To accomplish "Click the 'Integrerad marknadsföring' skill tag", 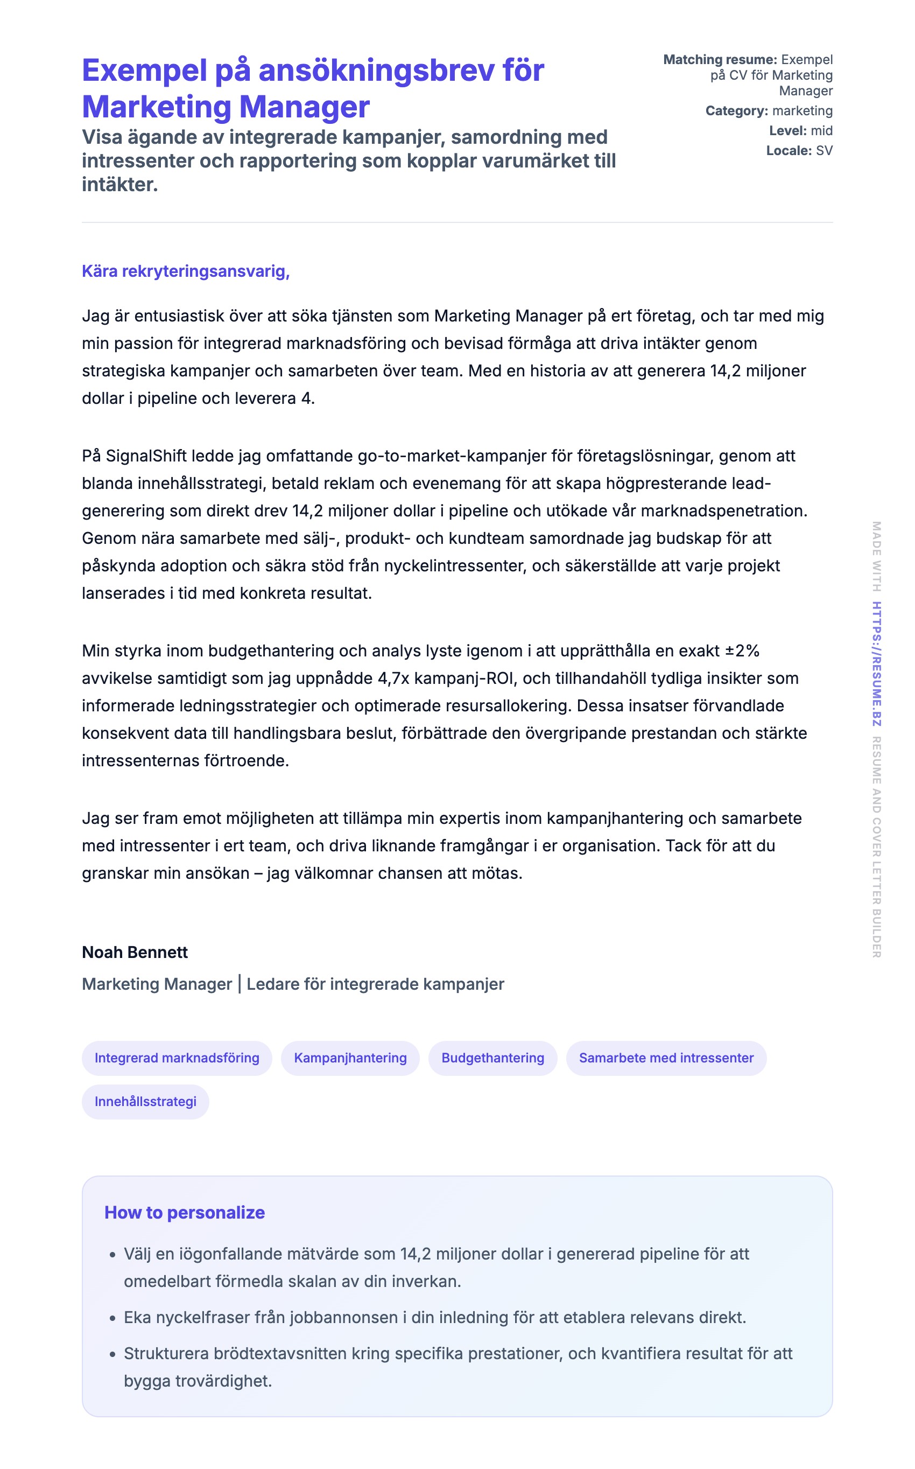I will pos(177,1058).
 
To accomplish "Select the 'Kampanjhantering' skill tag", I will pos(350,1058).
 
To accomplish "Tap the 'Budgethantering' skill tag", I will pos(492,1058).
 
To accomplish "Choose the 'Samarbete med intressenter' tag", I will pos(666,1058).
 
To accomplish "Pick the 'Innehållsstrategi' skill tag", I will pos(145,1101).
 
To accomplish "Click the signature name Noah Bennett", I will pos(135,952).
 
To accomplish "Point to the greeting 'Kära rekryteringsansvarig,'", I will pos(186,271).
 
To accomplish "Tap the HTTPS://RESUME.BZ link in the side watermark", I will pos(876,663).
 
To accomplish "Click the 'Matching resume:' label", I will pos(720,59).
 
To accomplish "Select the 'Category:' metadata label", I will pos(736,111).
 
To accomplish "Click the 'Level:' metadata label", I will pos(787,131).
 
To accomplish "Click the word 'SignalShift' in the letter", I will pos(146,456).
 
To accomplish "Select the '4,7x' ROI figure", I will pos(393,678).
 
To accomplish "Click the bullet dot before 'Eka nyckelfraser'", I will pos(112,1318).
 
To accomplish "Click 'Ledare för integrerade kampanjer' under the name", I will pos(375,984).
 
